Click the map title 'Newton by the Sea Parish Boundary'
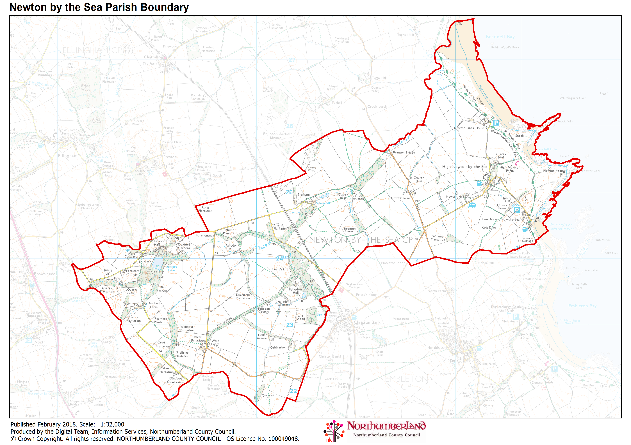[99, 7]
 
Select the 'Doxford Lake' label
[171, 268]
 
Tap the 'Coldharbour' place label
[279, 347]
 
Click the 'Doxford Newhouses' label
[176, 380]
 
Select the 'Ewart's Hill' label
[280, 269]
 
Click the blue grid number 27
[292, 60]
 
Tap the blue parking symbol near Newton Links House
[496, 123]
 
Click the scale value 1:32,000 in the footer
[112, 424]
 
